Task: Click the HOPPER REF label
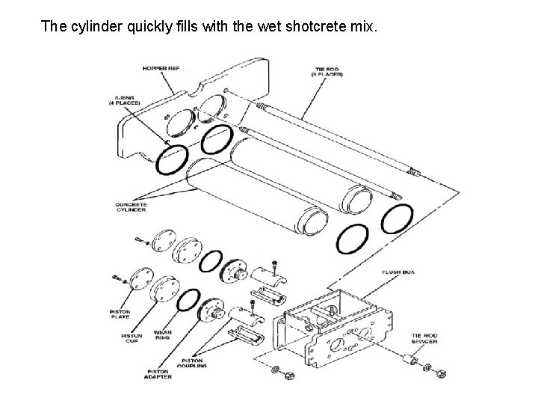point(161,69)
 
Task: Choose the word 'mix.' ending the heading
point(366,28)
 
